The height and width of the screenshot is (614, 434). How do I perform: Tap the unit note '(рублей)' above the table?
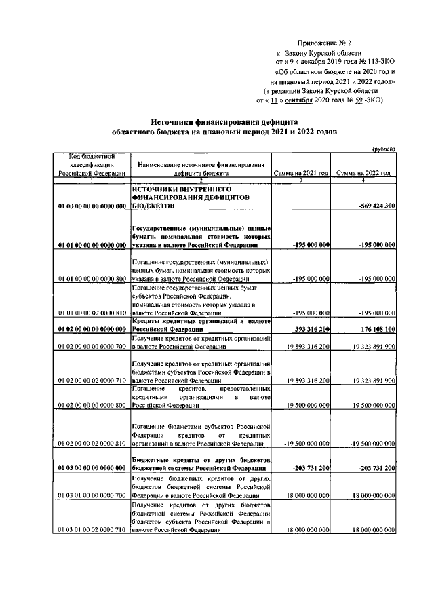(384, 149)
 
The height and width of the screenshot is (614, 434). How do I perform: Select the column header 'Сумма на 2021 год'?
(302, 174)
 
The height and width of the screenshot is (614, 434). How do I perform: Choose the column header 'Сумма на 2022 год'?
(366, 174)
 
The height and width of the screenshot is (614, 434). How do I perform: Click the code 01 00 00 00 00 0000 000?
(92, 205)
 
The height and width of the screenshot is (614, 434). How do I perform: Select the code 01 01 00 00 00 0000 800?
(92, 279)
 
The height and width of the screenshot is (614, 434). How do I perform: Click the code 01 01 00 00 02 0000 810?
(92, 313)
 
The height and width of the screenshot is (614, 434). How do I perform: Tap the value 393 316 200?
(307, 329)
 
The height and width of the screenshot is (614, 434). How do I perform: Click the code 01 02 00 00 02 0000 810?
(92, 444)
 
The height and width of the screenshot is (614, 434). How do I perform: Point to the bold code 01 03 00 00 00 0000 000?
(92, 468)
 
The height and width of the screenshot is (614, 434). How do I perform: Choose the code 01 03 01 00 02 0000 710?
(92, 529)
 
